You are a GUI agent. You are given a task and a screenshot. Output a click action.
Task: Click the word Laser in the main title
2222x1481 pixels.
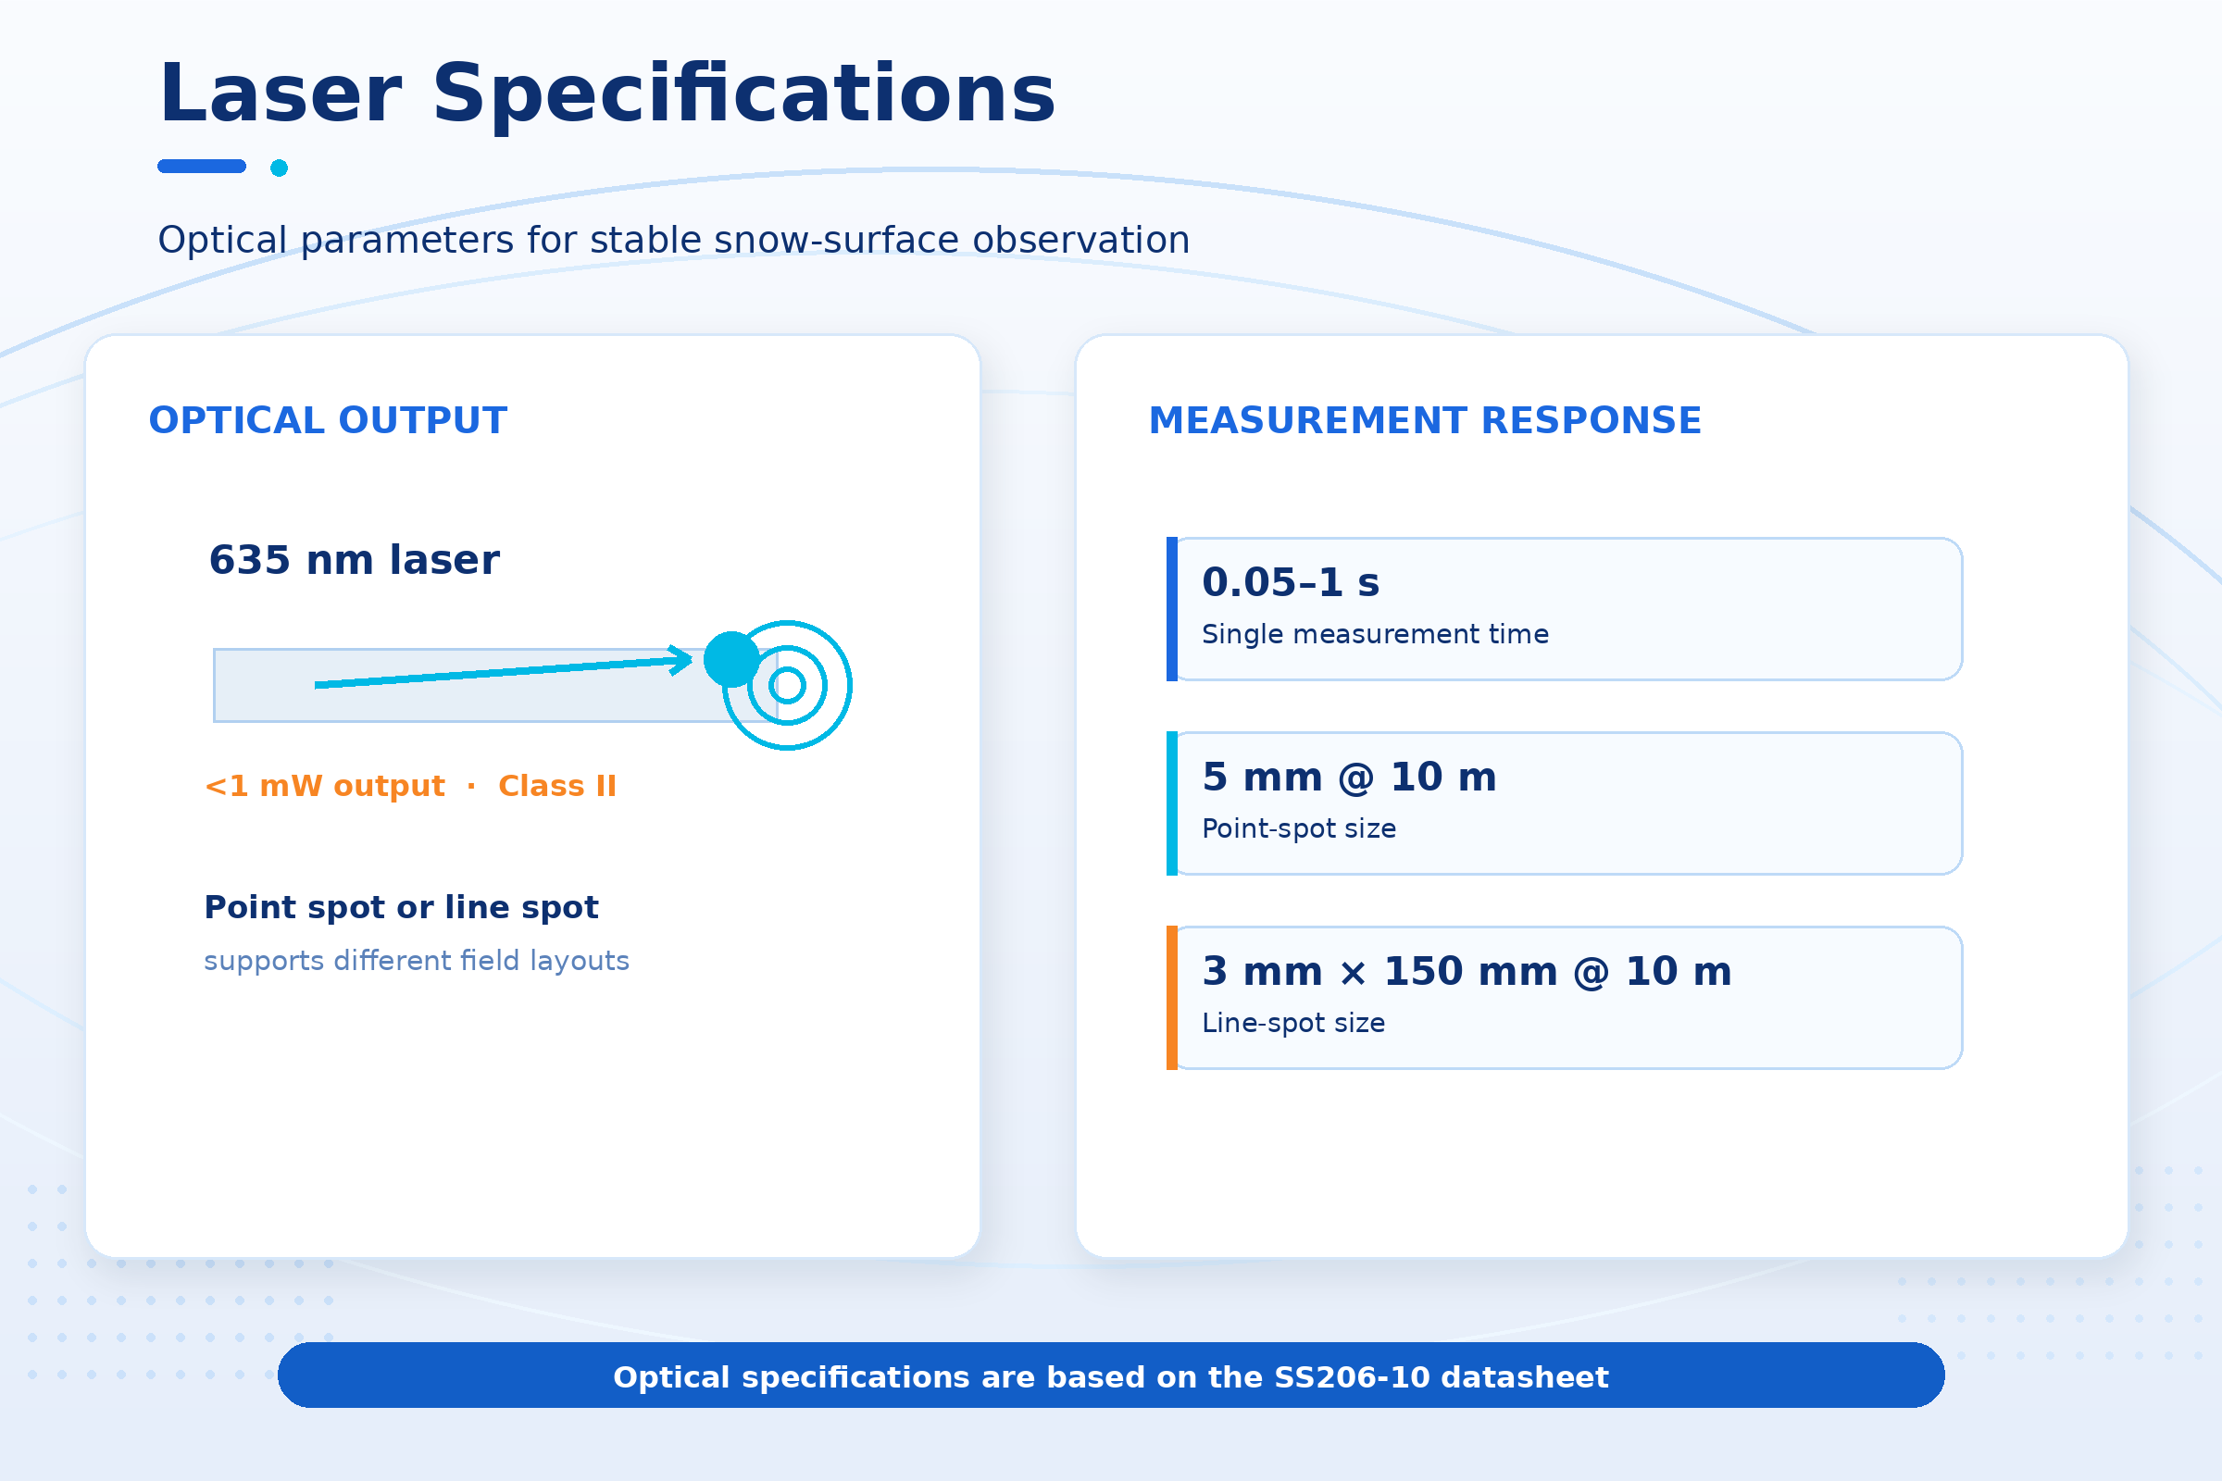pyautogui.click(x=281, y=93)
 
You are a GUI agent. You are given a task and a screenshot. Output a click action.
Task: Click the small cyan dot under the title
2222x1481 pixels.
pyautogui.click(x=279, y=168)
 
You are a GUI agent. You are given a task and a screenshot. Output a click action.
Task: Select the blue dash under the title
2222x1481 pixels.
pyautogui.click(x=202, y=167)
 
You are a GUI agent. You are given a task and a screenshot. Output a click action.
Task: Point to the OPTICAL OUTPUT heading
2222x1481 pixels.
pyautogui.click(x=328, y=420)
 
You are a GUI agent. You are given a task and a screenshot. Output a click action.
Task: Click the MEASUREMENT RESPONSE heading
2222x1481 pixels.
pyautogui.click(x=1425, y=420)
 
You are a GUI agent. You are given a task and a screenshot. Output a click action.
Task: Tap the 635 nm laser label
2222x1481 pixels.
pyautogui.click(x=355, y=560)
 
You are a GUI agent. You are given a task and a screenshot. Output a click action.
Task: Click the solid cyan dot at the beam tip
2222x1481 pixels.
pyautogui.click(x=732, y=659)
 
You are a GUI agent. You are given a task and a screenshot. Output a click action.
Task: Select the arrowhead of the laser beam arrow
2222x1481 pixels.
pyautogui.click(x=682, y=659)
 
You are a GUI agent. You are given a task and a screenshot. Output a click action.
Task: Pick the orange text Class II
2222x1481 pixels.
pyautogui.click(x=557, y=786)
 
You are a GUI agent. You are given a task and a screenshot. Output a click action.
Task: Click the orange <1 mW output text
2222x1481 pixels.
pyautogui.click(x=325, y=786)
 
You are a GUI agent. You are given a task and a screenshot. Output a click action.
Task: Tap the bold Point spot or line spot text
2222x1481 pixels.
pyautogui.click(x=402, y=908)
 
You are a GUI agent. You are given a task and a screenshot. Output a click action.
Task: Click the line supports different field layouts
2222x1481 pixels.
pyautogui.click(x=417, y=961)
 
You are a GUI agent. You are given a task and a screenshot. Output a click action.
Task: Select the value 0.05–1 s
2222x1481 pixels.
pyautogui.click(x=1291, y=583)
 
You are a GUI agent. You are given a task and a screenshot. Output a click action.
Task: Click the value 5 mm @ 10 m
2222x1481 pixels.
pyautogui.click(x=1349, y=778)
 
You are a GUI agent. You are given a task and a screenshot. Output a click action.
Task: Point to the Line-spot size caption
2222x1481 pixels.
pyautogui.click(x=1293, y=1023)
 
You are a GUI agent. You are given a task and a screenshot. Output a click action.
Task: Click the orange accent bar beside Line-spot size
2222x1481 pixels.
pyautogui.click(x=1172, y=998)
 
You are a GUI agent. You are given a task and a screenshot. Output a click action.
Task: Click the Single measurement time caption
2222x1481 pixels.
pyautogui.click(x=1376, y=634)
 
